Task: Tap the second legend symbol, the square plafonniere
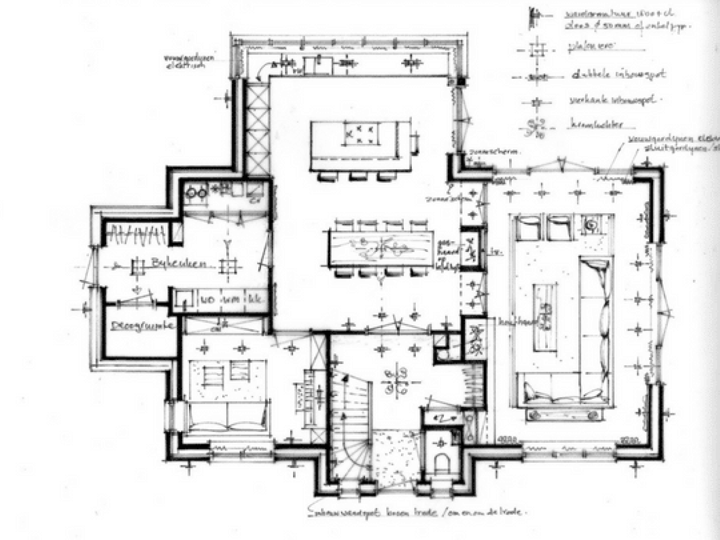[x=538, y=50]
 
